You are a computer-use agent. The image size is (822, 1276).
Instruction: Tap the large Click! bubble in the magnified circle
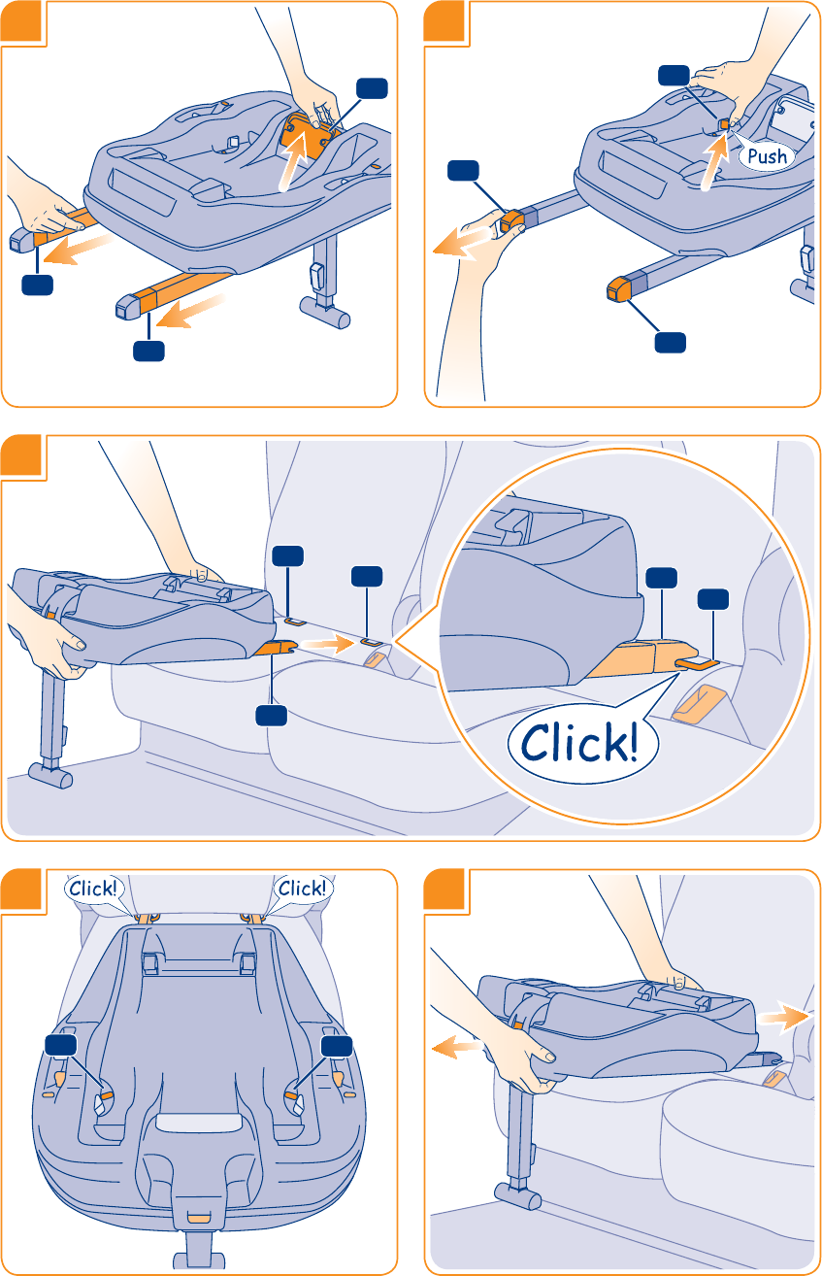[x=579, y=743]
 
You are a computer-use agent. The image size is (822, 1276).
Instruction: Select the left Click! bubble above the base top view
[x=92, y=888]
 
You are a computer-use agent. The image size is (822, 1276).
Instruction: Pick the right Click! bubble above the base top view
[x=302, y=888]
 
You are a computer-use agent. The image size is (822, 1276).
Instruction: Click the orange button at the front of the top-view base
[x=198, y=1216]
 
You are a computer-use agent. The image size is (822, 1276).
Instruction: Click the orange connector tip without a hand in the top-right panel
[x=619, y=288]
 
